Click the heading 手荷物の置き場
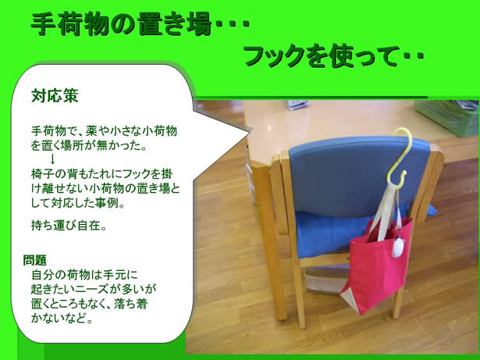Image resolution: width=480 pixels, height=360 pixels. (x=122, y=25)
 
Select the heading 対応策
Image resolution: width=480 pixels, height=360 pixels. (x=55, y=95)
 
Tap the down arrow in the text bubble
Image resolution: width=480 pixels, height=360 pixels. (x=52, y=159)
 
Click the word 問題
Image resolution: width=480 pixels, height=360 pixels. (x=35, y=260)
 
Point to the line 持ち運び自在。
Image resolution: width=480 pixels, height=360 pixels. (x=69, y=226)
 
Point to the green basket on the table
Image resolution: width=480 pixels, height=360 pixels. (x=447, y=117)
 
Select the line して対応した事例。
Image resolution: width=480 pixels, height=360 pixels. (x=78, y=203)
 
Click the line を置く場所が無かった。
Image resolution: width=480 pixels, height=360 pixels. (x=89, y=145)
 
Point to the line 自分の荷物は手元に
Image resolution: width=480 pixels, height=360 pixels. (x=84, y=275)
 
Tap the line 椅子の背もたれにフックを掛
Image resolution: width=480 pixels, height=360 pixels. (x=102, y=174)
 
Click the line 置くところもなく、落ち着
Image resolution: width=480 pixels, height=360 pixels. (x=90, y=304)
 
